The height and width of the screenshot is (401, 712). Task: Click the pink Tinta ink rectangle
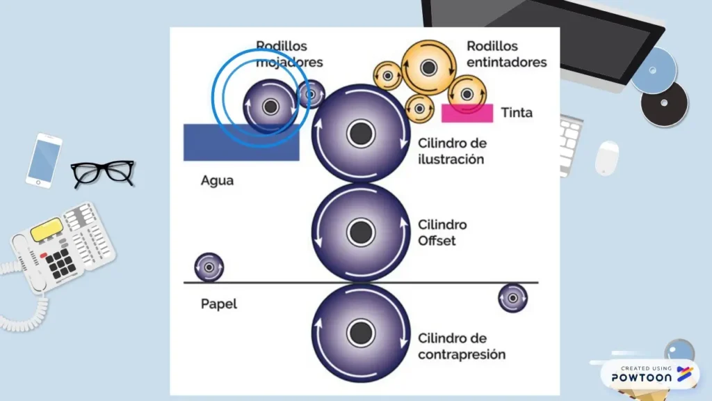tap(467, 113)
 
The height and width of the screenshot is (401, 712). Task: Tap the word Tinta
tap(517, 112)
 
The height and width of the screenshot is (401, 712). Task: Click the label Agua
tap(217, 180)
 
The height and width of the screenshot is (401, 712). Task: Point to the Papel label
tap(218, 304)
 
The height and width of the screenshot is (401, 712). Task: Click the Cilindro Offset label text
tap(442, 233)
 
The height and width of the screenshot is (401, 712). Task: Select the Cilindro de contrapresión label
tap(461, 346)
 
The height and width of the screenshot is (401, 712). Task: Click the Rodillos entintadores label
tap(506, 54)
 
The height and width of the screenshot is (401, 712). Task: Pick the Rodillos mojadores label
tap(289, 54)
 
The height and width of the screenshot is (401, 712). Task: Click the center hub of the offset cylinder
tap(360, 233)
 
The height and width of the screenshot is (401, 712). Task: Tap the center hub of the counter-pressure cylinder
tap(360, 333)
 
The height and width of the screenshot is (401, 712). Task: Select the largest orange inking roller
tap(428, 68)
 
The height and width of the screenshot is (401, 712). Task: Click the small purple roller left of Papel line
tap(209, 267)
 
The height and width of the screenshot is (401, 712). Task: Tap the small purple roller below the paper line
tap(512, 298)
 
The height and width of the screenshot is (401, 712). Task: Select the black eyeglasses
tap(103, 172)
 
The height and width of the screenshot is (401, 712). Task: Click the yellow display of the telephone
tap(47, 228)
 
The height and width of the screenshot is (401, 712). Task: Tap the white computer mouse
tap(607, 157)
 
